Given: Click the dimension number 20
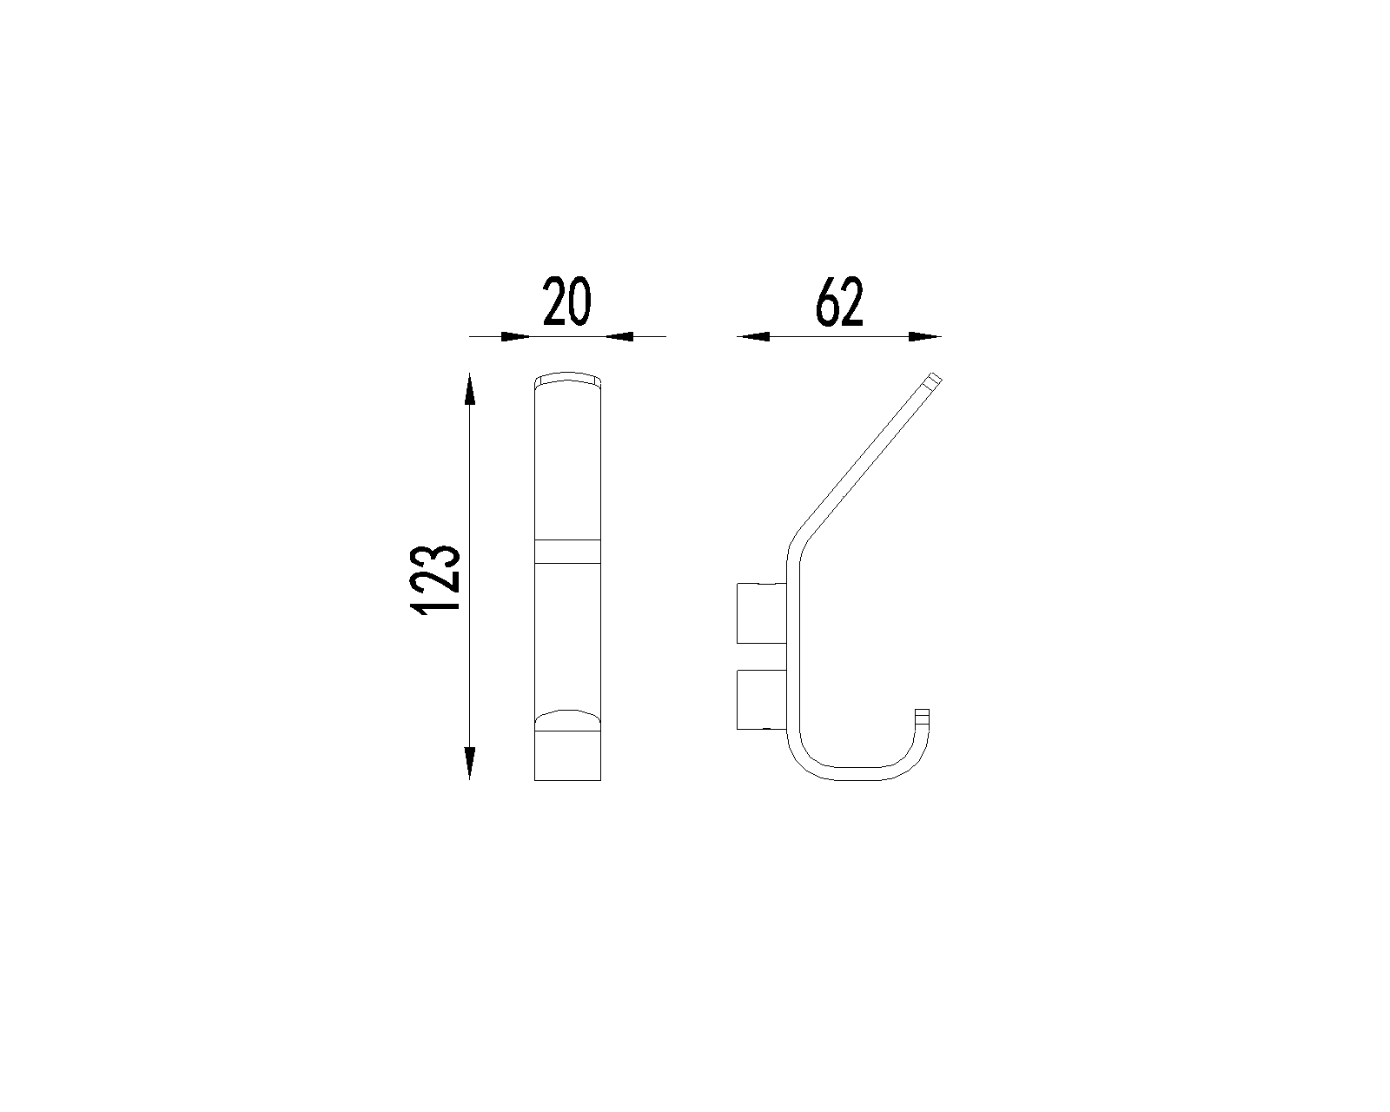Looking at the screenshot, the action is click(567, 301).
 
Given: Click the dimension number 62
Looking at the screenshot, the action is click(839, 301).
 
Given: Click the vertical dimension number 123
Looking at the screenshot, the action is click(435, 579).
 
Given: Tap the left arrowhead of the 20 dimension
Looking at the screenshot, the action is click(516, 336).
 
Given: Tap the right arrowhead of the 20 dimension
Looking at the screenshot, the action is click(619, 336).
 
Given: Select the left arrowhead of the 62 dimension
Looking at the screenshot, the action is click(753, 336).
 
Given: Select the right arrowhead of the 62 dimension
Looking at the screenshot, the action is click(925, 336).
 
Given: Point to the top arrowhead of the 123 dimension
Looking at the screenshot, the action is click(470, 389).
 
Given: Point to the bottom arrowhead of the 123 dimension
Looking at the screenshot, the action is click(470, 763).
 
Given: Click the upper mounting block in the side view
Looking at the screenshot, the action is click(762, 613).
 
